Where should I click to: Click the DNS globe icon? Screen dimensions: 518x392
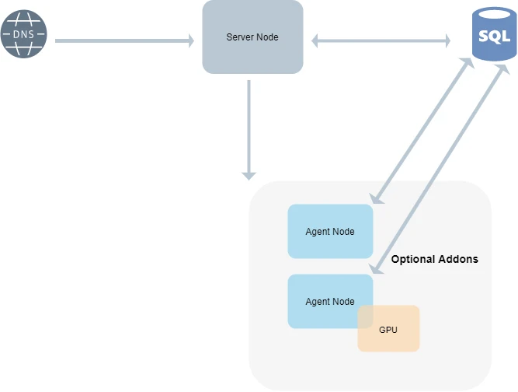click(x=24, y=33)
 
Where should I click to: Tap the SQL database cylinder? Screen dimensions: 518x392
click(x=494, y=33)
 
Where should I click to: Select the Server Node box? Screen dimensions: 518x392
click(x=252, y=37)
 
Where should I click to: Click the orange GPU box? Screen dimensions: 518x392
click(x=388, y=328)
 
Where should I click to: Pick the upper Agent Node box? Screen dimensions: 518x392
click(x=330, y=231)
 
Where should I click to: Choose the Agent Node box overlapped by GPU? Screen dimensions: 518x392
click(x=330, y=301)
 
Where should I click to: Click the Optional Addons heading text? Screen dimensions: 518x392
click(x=435, y=259)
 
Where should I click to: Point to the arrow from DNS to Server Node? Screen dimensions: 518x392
click(x=124, y=40)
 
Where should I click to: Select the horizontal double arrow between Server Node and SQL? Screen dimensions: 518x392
click(x=381, y=40)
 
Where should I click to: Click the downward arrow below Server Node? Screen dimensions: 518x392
click(x=249, y=130)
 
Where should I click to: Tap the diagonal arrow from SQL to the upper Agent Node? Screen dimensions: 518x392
click(x=422, y=131)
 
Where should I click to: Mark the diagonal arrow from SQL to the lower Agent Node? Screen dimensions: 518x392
click(x=440, y=169)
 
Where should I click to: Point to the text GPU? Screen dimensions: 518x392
click(x=388, y=330)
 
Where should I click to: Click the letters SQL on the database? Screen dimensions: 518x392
click(x=494, y=37)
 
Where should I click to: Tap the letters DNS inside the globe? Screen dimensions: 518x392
click(x=24, y=34)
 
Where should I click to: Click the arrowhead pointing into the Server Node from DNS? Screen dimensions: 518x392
click(x=191, y=40)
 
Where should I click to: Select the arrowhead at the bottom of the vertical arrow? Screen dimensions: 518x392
click(x=249, y=177)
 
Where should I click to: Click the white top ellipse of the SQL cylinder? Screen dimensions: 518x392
click(x=494, y=15)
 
